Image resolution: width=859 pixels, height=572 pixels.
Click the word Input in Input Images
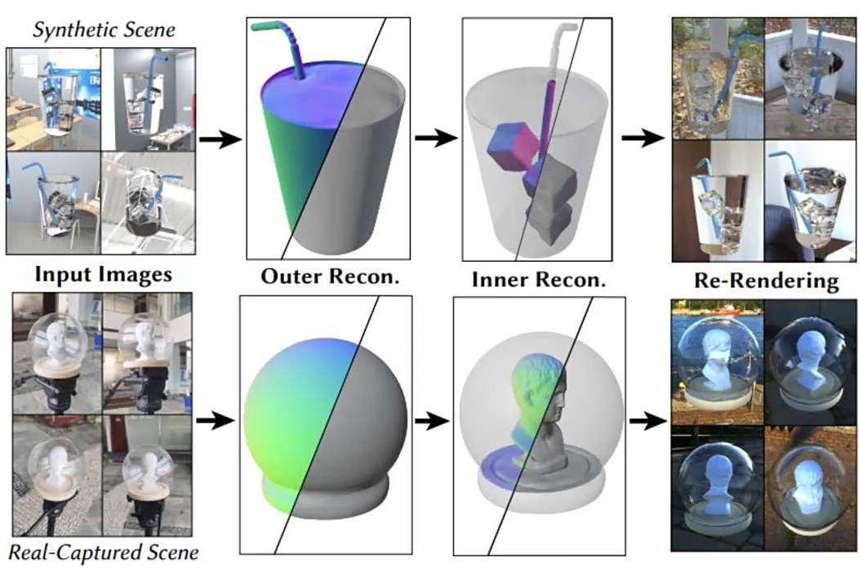60,274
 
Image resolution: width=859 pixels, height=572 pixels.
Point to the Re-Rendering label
767,281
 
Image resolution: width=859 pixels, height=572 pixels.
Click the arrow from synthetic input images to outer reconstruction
220,140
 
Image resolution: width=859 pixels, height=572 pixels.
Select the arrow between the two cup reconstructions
436,138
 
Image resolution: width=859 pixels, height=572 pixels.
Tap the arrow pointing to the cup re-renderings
643,138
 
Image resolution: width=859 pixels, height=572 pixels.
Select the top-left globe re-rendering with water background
717,361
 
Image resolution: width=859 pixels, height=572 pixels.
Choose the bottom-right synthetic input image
148,203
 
